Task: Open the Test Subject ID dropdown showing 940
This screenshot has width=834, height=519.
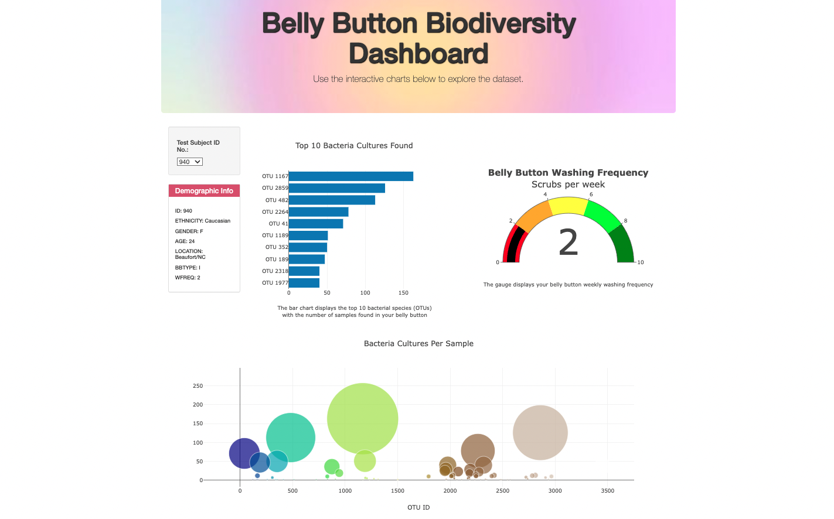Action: click(x=190, y=162)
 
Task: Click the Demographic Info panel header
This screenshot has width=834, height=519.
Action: click(x=204, y=191)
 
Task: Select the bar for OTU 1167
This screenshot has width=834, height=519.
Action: click(x=350, y=176)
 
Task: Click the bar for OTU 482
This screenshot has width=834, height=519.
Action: click(x=332, y=200)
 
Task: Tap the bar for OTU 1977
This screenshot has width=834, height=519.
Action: click(x=304, y=283)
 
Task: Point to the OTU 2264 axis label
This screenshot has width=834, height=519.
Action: click(x=275, y=212)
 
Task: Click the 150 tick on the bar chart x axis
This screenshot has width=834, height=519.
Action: click(x=403, y=293)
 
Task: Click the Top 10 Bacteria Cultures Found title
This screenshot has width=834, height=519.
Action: click(x=354, y=146)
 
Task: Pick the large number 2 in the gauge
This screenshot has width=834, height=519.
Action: click(x=568, y=243)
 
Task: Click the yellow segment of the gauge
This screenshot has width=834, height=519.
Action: click(x=569, y=206)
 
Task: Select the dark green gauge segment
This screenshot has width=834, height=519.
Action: click(x=624, y=245)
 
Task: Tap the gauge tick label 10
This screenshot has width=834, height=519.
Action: click(x=641, y=262)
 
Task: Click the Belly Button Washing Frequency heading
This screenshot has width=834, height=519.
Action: click(x=568, y=173)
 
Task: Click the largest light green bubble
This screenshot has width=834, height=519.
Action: click(x=363, y=418)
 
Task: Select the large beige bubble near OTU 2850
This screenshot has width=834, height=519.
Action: click(x=540, y=432)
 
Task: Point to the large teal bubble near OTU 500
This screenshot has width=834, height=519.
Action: click(x=291, y=437)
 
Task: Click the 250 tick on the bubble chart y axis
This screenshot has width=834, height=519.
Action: click(x=198, y=386)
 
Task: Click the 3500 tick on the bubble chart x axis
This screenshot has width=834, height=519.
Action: click(x=607, y=491)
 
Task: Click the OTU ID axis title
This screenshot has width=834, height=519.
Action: click(x=418, y=507)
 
